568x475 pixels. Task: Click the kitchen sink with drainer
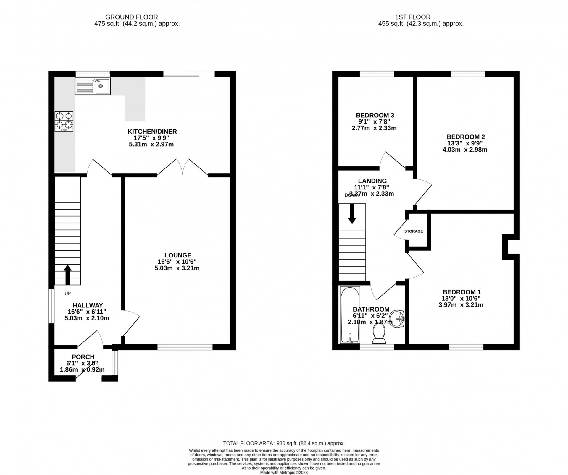(x=93, y=86)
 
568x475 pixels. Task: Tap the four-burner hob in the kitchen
(x=64, y=121)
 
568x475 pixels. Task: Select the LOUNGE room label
(x=178, y=255)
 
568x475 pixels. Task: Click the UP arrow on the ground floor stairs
(x=67, y=274)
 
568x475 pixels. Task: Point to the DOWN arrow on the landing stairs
(x=352, y=213)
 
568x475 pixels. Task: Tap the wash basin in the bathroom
(x=397, y=319)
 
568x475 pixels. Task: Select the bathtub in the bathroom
(x=350, y=315)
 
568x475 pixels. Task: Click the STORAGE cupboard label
(x=414, y=231)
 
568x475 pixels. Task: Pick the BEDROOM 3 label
(x=375, y=115)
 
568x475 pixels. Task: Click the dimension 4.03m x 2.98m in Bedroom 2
(x=465, y=150)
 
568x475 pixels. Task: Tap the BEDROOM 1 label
(x=461, y=292)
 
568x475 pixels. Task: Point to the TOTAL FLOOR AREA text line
(x=284, y=452)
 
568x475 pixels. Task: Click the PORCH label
(x=83, y=357)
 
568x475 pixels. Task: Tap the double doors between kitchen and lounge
(x=183, y=167)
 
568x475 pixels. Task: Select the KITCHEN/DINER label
(x=152, y=132)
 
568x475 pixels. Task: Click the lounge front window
(x=185, y=347)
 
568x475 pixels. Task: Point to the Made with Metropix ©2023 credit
(x=284, y=473)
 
